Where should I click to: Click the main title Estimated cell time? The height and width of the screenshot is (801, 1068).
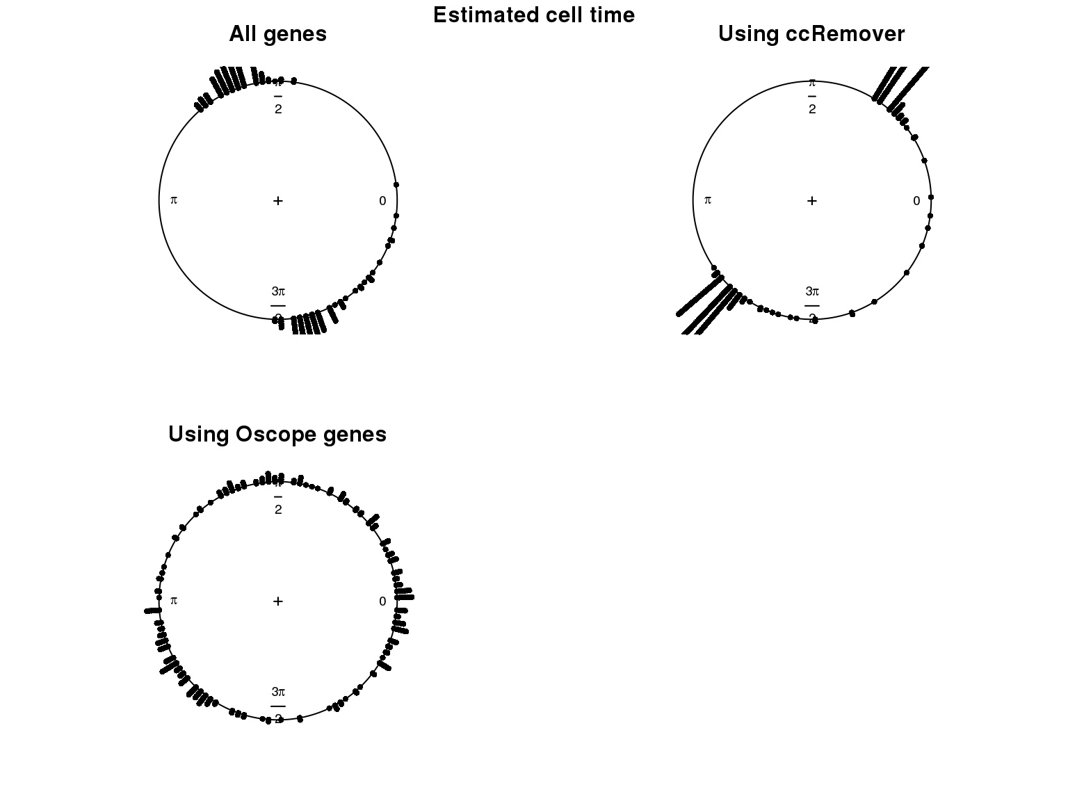coord(533,15)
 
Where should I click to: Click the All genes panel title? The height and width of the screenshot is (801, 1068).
coord(277,33)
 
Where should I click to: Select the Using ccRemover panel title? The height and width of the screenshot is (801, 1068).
coord(811,33)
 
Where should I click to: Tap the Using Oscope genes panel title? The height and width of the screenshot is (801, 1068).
coord(277,434)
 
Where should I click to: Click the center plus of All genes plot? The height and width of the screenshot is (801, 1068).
coord(278,201)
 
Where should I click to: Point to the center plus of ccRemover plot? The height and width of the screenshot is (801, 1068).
coord(812,201)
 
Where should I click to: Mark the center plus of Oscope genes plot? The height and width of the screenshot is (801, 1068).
coord(278,601)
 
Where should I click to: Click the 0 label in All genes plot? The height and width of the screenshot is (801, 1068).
coord(382,201)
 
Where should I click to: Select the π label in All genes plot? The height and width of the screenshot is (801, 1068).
coord(174,200)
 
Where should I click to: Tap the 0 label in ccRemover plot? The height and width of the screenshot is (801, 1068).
coord(916,201)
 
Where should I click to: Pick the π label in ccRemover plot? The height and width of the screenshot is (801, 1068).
coord(708,200)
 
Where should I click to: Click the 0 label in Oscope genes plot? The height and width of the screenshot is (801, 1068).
coord(382,601)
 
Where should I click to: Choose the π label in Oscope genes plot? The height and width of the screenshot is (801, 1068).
coord(174,601)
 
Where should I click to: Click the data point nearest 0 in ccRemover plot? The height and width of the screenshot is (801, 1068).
coord(931,197)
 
